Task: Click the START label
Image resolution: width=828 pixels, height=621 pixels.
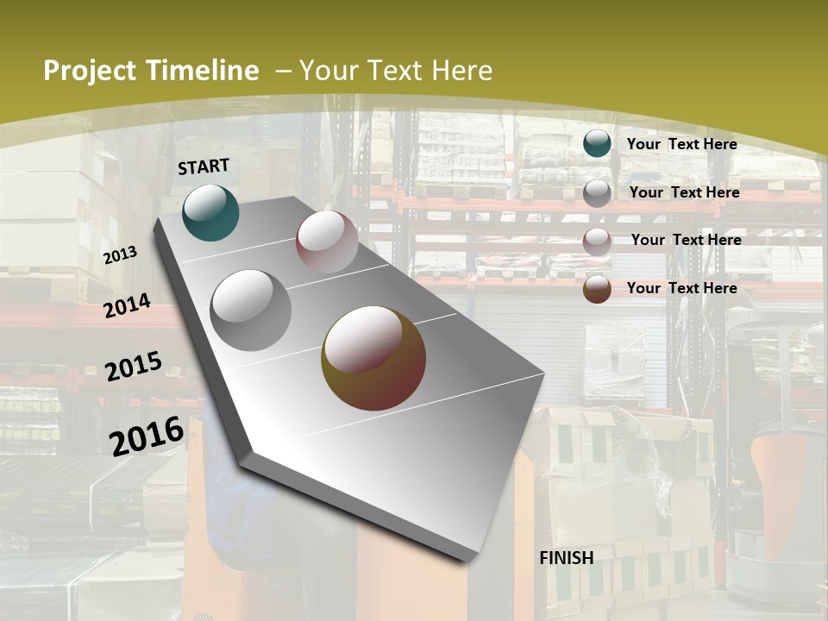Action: coord(204,166)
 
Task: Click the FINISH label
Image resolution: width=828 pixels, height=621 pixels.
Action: coord(567,558)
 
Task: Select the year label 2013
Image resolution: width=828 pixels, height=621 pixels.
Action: coord(120,255)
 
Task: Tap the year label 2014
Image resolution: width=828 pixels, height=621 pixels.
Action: coord(127,306)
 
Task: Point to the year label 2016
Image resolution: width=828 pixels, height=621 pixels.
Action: coord(147,436)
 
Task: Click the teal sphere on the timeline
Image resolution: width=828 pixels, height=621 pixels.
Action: coord(210,212)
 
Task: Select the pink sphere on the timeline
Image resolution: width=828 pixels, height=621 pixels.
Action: coord(327,241)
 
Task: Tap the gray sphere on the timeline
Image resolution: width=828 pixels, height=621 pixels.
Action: coord(251,310)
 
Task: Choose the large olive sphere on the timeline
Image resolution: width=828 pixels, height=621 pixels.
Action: coord(373,358)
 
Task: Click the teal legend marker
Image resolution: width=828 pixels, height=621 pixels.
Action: coord(597,143)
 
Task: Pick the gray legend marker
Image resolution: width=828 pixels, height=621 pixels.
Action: coord(597,192)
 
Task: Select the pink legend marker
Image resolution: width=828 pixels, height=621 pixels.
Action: coord(597,241)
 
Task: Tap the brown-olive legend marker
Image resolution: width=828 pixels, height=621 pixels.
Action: coord(597,289)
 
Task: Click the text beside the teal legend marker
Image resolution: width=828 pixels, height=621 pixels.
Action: coord(681,144)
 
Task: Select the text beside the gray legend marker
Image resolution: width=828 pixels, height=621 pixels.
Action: coord(684,192)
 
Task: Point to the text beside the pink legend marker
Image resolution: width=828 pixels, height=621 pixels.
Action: coord(686,240)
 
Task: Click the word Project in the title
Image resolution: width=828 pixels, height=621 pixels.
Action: coord(91,71)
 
